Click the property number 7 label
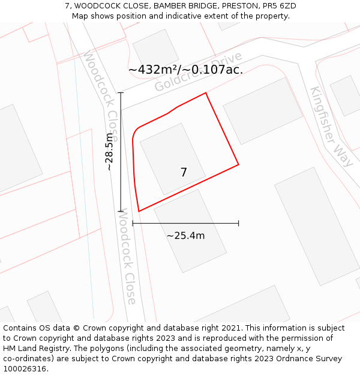(184, 173)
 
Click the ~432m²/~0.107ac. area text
(185, 70)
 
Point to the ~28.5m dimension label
(109, 152)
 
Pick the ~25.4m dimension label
(185, 236)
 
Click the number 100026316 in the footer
(25, 368)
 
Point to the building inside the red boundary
(172, 158)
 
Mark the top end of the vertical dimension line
(121, 92)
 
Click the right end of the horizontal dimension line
(239, 223)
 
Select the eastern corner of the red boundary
(238, 164)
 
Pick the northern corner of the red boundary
(206, 93)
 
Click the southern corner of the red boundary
(139, 211)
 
